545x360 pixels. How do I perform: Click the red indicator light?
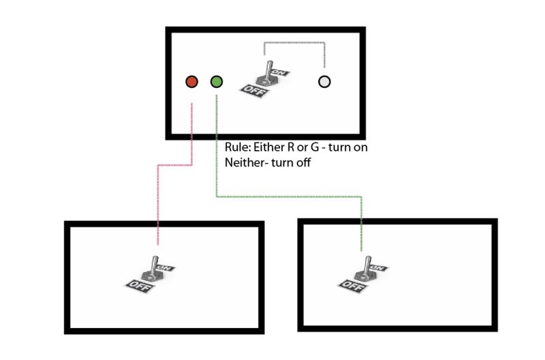[x=191, y=82]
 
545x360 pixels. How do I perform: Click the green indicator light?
[x=217, y=82]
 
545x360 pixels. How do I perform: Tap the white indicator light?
[x=324, y=82]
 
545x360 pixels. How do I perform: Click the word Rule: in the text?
[x=238, y=147]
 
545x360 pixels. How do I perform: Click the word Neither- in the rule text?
[x=247, y=163]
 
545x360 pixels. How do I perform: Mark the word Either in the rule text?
[x=272, y=147]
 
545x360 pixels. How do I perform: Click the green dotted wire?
[x=286, y=197]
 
